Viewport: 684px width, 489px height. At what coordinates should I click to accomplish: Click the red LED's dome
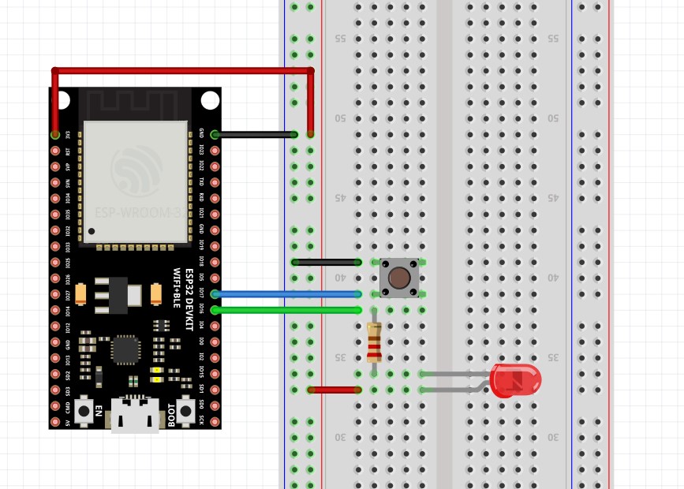click(516, 380)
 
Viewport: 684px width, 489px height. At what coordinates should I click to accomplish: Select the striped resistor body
click(374, 342)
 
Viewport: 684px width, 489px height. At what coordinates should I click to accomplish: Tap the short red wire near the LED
click(334, 390)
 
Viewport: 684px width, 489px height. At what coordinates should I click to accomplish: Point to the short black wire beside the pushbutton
click(326, 262)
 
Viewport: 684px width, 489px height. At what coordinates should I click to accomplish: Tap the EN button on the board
click(84, 410)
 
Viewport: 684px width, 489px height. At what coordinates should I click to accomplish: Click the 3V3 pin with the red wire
click(55, 135)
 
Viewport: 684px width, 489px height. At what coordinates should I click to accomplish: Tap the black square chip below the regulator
click(126, 349)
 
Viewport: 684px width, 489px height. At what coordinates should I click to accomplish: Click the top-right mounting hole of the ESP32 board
click(209, 100)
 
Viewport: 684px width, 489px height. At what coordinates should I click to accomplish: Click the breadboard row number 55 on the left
click(341, 39)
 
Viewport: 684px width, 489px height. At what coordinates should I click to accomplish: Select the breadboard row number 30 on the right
click(553, 437)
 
